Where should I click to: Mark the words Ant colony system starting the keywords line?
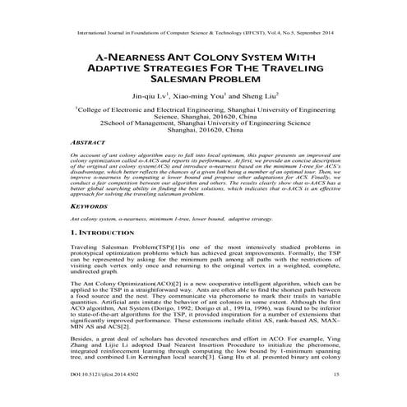pyautogui.click(x=93, y=220)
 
